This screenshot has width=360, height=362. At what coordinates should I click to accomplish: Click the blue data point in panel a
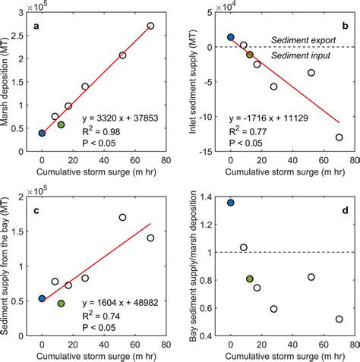(42, 133)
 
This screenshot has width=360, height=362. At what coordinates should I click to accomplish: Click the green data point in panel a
(61, 124)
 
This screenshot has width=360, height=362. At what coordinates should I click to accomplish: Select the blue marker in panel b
(231, 37)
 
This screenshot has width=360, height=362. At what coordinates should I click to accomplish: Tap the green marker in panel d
(250, 279)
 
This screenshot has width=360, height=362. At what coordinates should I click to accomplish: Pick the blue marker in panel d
(231, 203)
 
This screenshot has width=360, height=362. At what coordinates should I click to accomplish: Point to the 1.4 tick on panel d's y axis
(210, 198)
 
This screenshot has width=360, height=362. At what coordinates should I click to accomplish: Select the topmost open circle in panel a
(150, 26)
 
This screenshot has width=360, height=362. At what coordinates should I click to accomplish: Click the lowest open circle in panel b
(339, 137)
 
